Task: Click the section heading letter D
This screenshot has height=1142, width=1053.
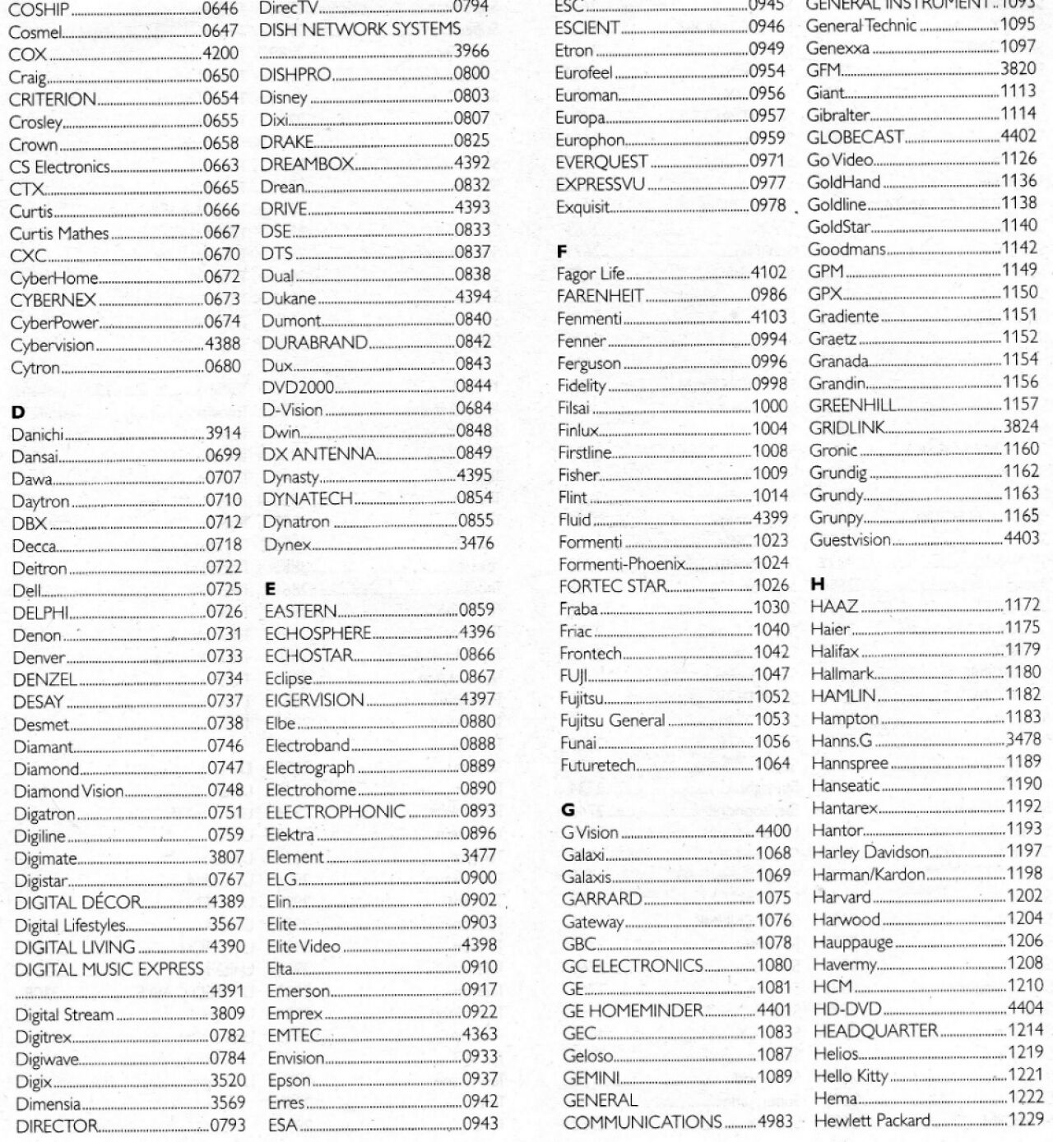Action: coord(18,412)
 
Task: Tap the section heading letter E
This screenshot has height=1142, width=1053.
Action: coord(270,589)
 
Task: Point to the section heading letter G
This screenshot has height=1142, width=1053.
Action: coord(568,810)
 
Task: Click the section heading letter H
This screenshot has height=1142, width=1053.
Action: coord(817,585)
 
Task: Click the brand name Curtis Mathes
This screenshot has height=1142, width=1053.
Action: coord(59,233)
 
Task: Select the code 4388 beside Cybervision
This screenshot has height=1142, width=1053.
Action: coord(222,344)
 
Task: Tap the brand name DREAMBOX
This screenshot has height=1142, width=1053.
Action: coord(307,164)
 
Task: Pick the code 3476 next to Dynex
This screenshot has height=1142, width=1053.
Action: coord(476,543)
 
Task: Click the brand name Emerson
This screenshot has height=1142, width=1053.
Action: coord(298,992)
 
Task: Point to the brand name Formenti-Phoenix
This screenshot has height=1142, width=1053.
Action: coord(621,564)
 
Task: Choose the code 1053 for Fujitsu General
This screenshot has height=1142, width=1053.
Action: coord(772,720)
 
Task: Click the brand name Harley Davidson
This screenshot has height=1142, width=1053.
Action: coord(870,853)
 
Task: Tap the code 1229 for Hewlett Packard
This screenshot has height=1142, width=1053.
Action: coord(1026,1119)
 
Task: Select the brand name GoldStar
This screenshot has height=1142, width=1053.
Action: coord(838,227)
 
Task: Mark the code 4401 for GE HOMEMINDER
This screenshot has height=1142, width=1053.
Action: coord(772,1010)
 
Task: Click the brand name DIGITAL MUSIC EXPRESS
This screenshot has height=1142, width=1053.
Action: coord(109,969)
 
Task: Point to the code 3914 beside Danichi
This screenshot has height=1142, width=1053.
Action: coord(223,434)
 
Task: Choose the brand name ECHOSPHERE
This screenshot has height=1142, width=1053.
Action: coord(318,633)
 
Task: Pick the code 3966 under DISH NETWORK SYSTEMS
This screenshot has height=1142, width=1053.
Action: coord(472,51)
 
